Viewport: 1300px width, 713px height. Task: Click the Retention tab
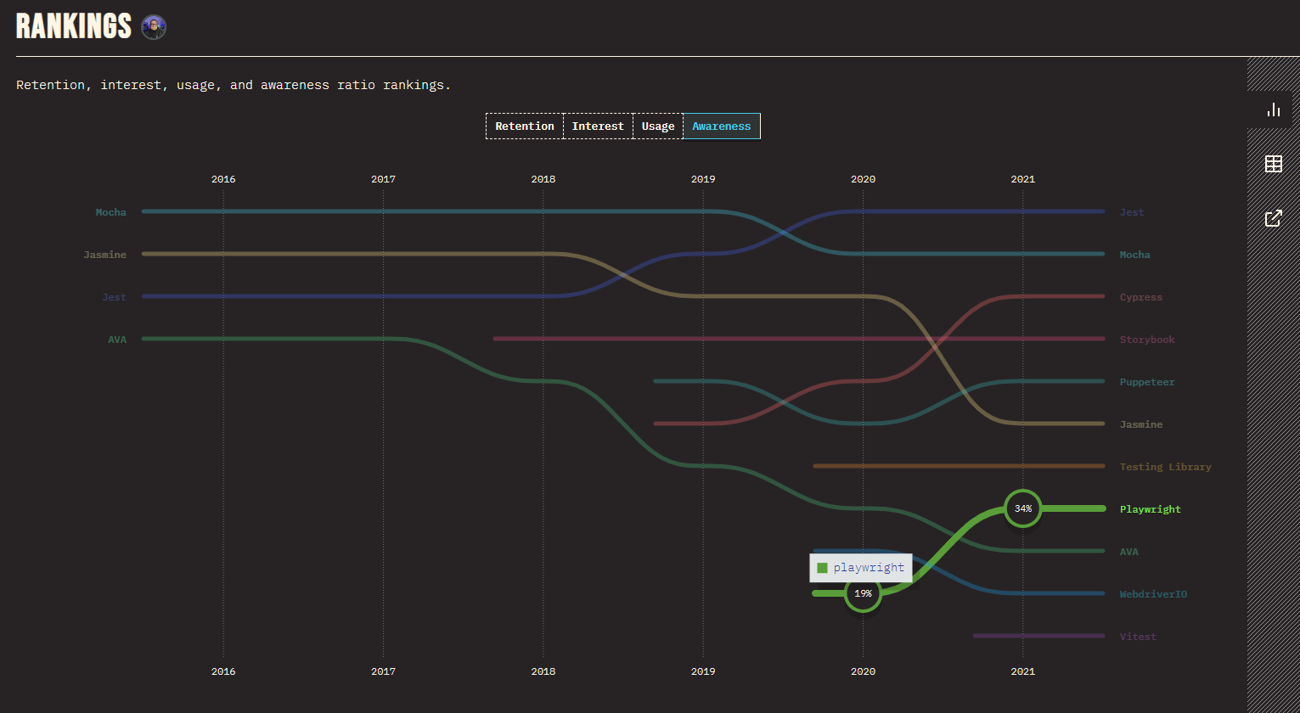(525, 126)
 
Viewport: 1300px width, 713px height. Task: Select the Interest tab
(598, 126)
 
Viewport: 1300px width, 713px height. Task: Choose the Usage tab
(658, 126)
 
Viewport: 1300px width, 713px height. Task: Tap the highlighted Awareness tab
(722, 126)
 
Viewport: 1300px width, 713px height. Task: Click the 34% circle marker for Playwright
(1023, 508)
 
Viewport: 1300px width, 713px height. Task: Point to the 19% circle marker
(863, 593)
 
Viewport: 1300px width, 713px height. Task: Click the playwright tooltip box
(861, 568)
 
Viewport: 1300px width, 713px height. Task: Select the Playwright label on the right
(1150, 509)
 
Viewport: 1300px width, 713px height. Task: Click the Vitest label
(1138, 637)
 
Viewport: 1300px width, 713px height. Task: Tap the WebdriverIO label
(1153, 594)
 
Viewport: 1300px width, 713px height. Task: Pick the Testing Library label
(1165, 467)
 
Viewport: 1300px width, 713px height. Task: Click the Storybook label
(1147, 340)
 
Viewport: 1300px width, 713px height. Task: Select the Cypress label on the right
(1141, 297)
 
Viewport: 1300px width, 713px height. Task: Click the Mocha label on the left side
(110, 212)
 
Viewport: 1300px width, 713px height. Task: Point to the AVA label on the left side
(117, 340)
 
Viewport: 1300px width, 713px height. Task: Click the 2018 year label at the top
(543, 179)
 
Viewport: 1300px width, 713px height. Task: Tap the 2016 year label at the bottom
(223, 671)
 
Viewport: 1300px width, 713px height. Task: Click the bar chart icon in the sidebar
(1274, 109)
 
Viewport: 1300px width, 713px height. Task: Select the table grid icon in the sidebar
(1274, 164)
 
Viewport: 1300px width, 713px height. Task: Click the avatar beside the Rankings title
(154, 27)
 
